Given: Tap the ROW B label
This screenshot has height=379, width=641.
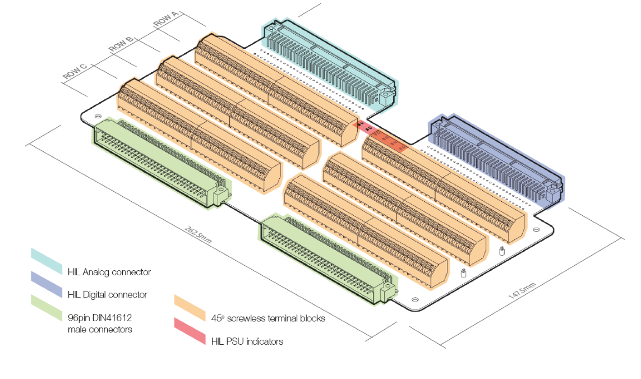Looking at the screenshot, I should (x=121, y=45).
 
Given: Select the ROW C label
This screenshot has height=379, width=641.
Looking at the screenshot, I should (x=75, y=72).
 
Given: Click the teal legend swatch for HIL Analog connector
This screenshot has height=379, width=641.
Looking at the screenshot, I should (x=47, y=261).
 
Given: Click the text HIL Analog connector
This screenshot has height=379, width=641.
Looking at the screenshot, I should (x=109, y=272).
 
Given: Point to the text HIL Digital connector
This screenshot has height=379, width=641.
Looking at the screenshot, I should (x=107, y=294).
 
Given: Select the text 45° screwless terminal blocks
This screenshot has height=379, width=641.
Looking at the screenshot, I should (x=268, y=318).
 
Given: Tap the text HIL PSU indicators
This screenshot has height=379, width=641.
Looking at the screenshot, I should (x=247, y=340).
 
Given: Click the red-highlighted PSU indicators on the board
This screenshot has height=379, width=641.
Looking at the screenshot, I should (x=381, y=137).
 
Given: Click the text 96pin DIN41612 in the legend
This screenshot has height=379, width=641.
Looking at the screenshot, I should (x=99, y=317).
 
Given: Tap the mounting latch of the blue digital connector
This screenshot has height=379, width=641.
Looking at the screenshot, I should (x=552, y=192).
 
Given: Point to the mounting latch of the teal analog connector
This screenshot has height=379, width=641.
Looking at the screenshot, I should (x=386, y=97).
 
